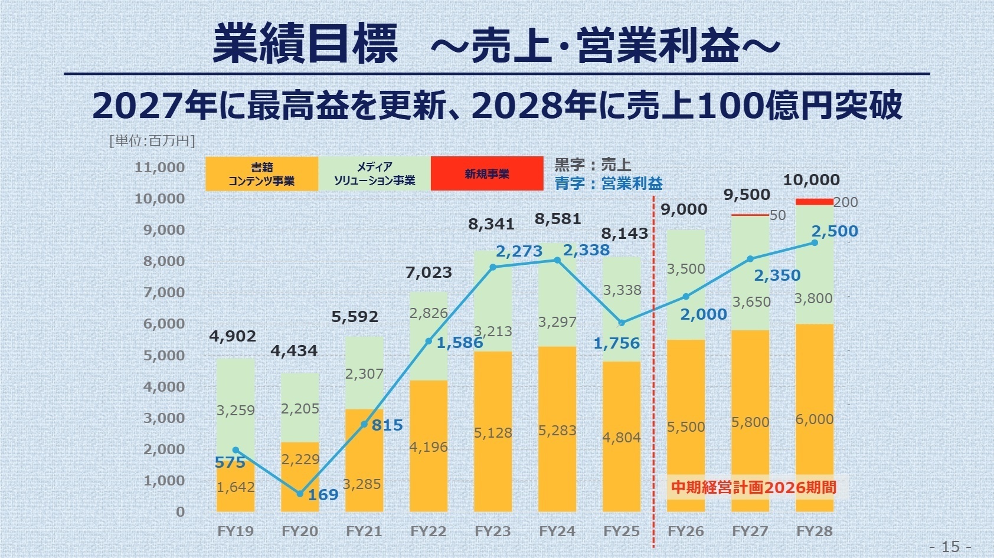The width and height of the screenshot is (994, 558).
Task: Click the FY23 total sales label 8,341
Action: click(491, 224)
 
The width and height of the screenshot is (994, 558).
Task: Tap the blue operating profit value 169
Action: click(323, 494)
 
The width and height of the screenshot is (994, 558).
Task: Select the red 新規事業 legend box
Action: click(487, 173)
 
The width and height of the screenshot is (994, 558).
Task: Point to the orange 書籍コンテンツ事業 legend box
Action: click(261, 173)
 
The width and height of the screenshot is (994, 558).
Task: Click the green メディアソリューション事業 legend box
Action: click(374, 173)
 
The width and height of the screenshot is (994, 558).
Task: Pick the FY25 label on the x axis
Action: click(621, 531)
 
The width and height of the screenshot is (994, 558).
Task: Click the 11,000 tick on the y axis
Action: click(159, 168)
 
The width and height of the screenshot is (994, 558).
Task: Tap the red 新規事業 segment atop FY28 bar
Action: click(814, 202)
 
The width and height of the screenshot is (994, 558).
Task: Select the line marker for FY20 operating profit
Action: click(300, 494)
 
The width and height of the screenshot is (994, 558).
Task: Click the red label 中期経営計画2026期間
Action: click(754, 487)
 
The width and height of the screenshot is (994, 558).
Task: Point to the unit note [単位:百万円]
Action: click(152, 140)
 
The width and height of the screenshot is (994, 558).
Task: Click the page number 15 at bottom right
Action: click(950, 546)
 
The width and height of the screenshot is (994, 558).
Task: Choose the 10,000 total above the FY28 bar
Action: click(811, 180)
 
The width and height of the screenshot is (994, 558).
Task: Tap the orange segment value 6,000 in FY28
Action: click(814, 419)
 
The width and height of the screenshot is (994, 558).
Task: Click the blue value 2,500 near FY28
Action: click(835, 231)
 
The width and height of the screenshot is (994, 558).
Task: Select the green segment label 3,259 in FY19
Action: click(235, 411)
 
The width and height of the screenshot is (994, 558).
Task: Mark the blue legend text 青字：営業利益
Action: click(608, 183)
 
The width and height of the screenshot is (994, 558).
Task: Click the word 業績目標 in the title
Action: click(305, 44)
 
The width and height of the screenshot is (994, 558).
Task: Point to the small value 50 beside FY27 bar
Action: click(777, 215)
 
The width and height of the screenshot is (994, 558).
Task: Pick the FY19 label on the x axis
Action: click(235, 531)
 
